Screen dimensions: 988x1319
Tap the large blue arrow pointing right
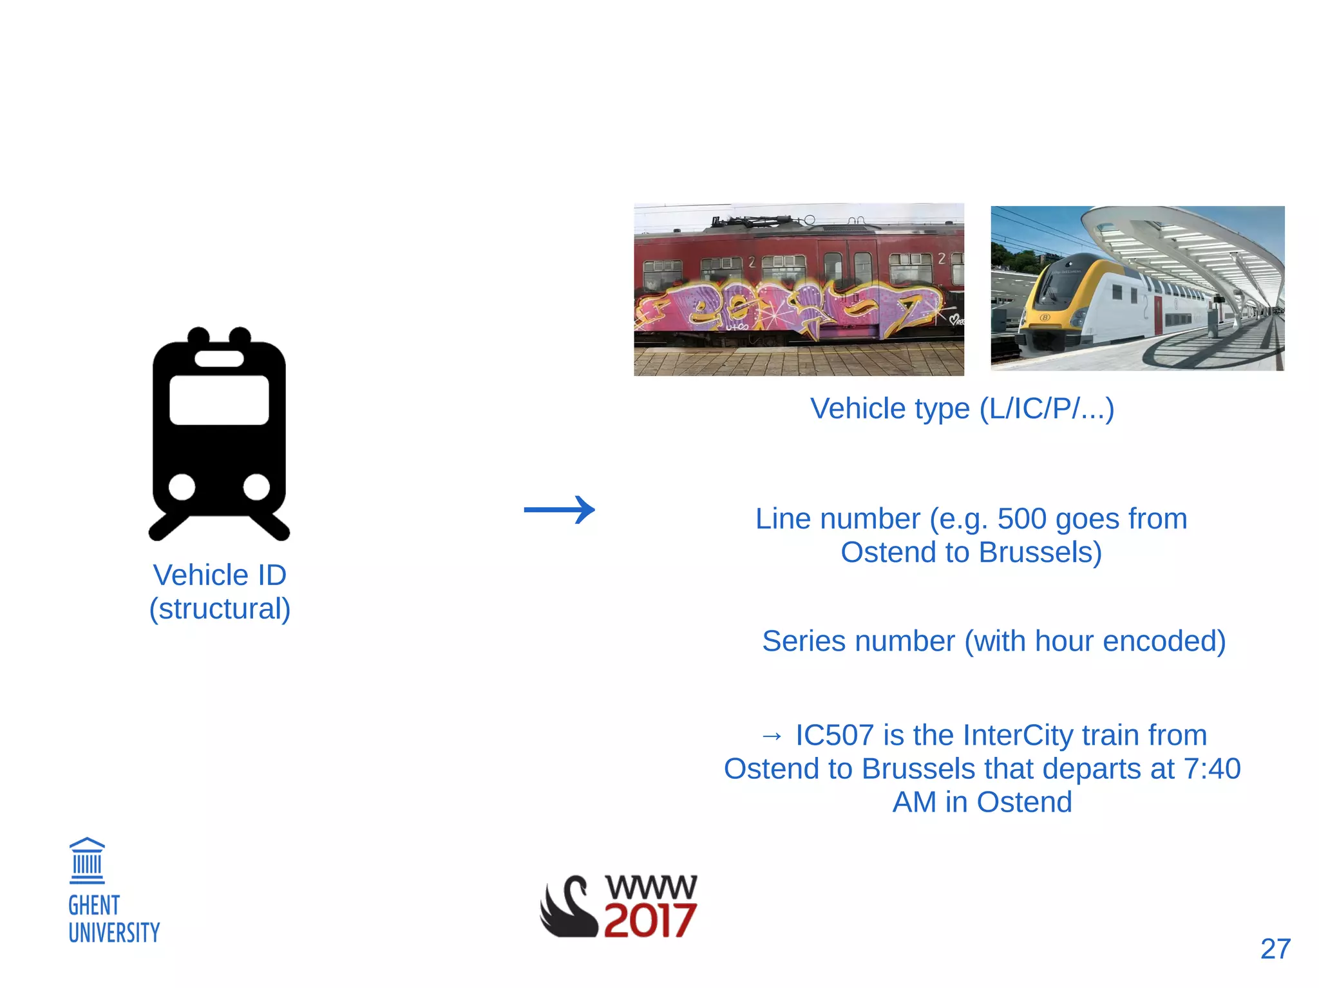[559, 510]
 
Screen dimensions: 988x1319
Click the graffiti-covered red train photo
[799, 290]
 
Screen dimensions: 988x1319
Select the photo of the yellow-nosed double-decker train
[1137, 288]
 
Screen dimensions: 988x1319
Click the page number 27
[1275, 949]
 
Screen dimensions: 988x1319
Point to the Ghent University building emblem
[87, 861]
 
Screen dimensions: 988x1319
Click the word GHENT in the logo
[94, 906]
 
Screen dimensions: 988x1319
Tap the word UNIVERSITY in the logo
[114, 933]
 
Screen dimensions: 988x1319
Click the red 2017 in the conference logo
[649, 920]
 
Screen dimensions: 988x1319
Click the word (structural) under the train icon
[220, 609]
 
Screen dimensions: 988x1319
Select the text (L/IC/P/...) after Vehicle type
[1047, 409]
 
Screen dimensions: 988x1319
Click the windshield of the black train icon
[219, 400]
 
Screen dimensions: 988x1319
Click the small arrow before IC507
[772, 736]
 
